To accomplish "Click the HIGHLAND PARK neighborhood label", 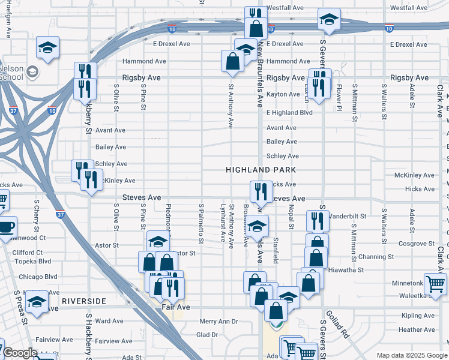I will point(262,170).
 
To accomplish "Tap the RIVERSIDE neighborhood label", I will point(83,301).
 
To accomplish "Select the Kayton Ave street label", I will point(283,95).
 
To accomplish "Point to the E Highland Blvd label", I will point(290,112).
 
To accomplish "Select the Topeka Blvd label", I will point(32,262).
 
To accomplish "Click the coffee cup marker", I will point(6,227).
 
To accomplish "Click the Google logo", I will point(20,353).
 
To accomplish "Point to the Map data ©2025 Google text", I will point(412,355).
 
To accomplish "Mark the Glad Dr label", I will point(207,335).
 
